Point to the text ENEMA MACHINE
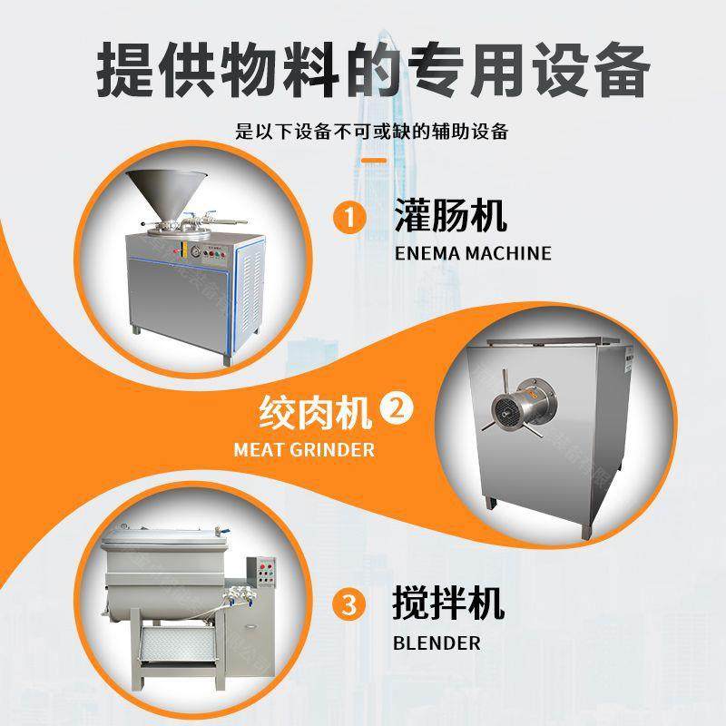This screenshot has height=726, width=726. [473, 253]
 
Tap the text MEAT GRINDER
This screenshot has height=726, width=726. [304, 449]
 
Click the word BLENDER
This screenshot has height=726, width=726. [437, 643]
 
